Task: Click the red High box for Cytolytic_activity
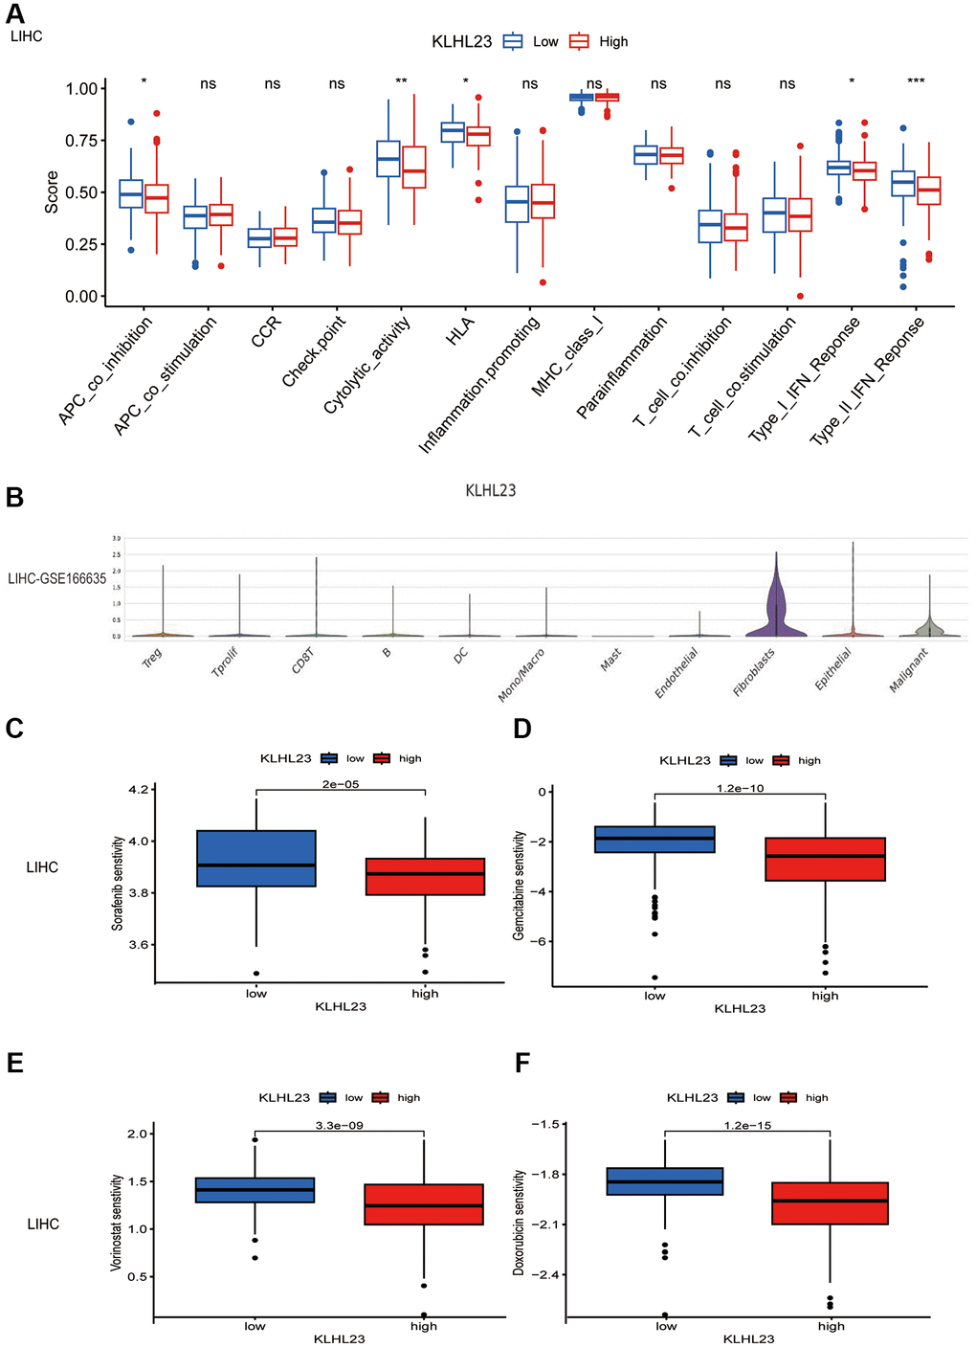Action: [413, 167]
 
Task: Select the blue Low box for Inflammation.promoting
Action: [517, 204]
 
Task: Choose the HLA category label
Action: [460, 330]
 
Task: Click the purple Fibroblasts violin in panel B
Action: [776, 613]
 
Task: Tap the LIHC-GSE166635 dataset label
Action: [56, 579]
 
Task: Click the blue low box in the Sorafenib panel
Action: [256, 859]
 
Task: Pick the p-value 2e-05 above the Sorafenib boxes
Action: [341, 784]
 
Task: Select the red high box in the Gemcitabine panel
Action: [825, 859]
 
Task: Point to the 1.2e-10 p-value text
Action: [740, 788]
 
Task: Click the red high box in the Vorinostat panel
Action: [423, 1204]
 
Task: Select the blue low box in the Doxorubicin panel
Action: [665, 1181]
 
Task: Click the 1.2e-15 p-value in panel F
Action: [747, 1125]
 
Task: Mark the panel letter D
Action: [522, 730]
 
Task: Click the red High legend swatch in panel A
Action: [579, 41]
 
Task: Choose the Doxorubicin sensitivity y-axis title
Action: [520, 1222]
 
